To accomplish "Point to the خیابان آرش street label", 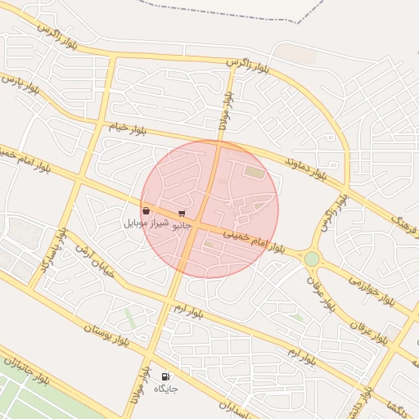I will tap(94, 259).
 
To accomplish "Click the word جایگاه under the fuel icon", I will tap(165, 389).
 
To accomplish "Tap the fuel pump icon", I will tap(165, 377).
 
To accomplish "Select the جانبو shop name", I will tap(180, 223).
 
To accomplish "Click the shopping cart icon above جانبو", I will tap(181, 213).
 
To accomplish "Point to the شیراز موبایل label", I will tap(146, 223).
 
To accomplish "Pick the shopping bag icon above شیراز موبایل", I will tap(146, 211).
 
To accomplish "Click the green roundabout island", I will tap(312, 259).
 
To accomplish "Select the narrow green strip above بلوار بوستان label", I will tap(131, 317).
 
